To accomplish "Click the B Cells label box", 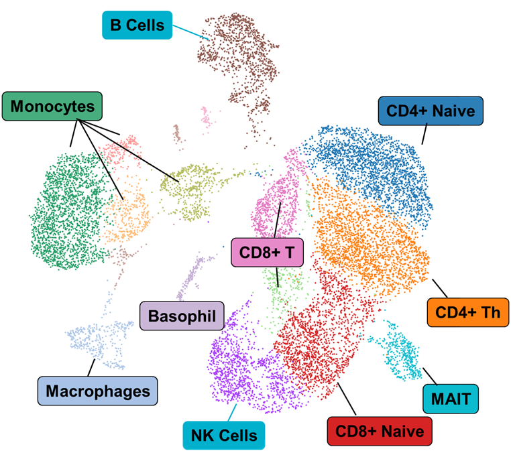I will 137,25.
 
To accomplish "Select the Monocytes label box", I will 52,107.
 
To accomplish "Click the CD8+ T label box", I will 267,253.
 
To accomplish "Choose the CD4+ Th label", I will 467,312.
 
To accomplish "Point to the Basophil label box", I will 182,315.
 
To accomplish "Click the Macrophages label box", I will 97,390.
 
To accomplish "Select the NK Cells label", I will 224,435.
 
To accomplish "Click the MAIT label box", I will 451,400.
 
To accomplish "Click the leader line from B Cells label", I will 191,31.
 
